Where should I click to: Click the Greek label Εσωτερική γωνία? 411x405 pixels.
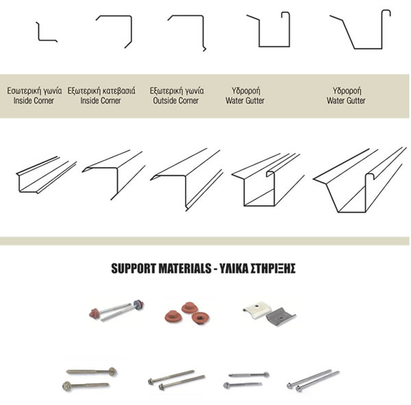[x=34, y=91]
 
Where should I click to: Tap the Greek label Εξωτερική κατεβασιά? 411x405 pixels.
[x=101, y=91]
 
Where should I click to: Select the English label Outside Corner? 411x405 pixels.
[x=176, y=101]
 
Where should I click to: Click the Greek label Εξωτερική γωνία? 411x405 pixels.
[x=177, y=91]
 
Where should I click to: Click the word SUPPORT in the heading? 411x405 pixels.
[x=134, y=268]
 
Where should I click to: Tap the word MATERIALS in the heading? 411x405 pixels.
[x=185, y=268]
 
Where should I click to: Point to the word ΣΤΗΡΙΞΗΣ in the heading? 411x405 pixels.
[x=273, y=268]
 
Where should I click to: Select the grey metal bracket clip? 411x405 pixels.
[x=280, y=317]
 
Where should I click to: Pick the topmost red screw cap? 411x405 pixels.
[x=189, y=307]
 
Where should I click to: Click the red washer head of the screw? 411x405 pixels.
[x=94, y=313]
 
